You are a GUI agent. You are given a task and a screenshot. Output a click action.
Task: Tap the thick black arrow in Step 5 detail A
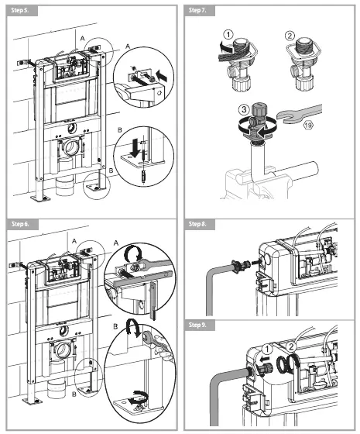point(160,77)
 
